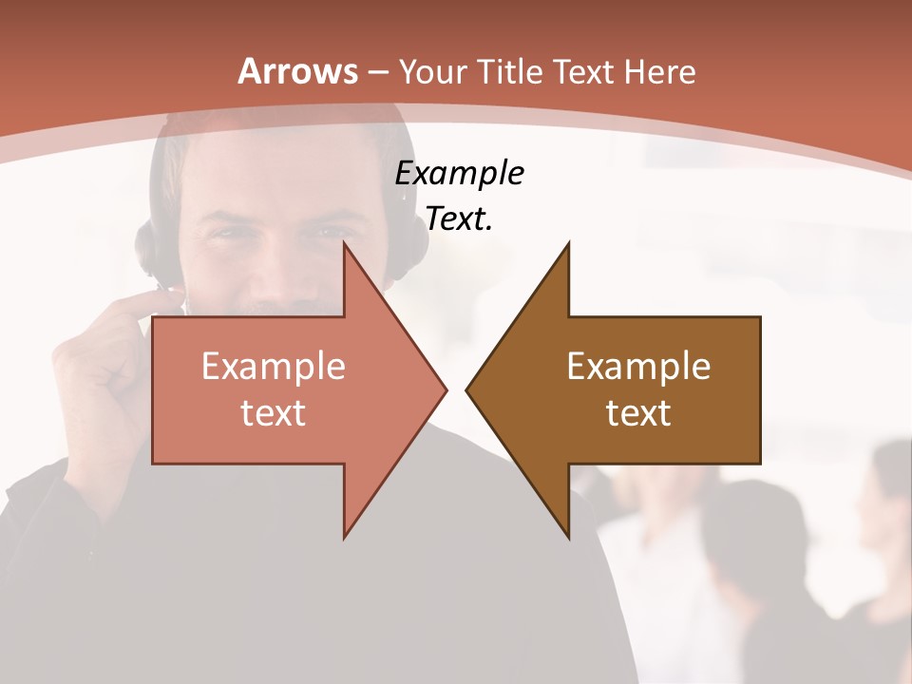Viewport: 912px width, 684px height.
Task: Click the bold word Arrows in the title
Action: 298,72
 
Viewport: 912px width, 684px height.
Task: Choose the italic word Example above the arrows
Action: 459,174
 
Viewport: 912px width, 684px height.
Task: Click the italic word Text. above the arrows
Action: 459,218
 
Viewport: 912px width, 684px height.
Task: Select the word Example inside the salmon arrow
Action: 274,367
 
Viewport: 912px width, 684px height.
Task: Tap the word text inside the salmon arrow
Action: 274,412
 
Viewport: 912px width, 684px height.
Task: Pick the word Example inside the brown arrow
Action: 638,367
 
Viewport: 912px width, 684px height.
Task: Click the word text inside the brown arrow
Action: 638,412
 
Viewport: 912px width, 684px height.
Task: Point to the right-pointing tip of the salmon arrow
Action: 446,389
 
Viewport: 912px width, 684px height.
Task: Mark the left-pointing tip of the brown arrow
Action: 466,389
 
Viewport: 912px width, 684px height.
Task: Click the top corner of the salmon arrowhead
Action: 345,244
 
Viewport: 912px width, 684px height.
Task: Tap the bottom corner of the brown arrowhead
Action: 568,537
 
